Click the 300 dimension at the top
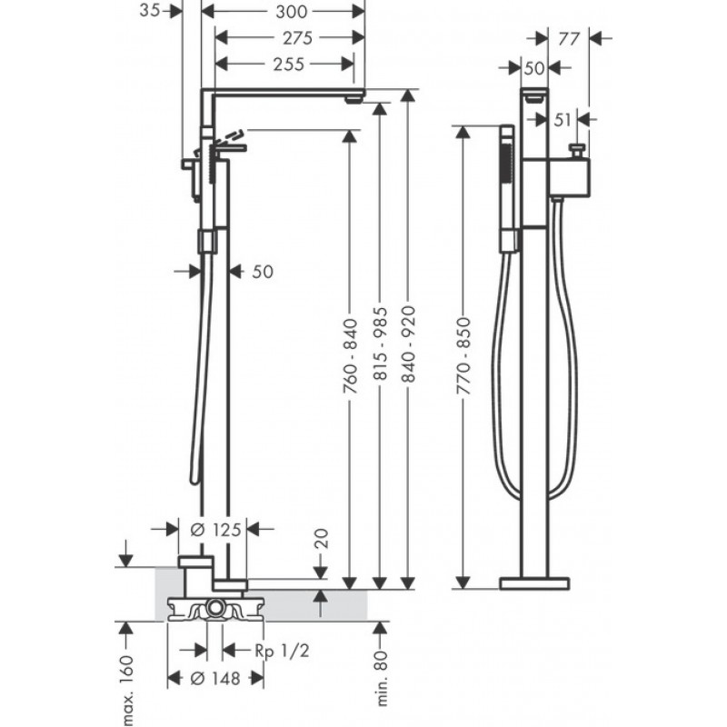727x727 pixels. pyautogui.click(x=283, y=12)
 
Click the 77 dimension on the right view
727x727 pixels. pyautogui.click(x=569, y=38)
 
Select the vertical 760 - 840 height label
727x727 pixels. pyautogui.click(x=351, y=364)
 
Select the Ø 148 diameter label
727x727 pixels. pyautogui.click(x=214, y=679)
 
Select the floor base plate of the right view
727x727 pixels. pyautogui.click(x=534, y=582)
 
